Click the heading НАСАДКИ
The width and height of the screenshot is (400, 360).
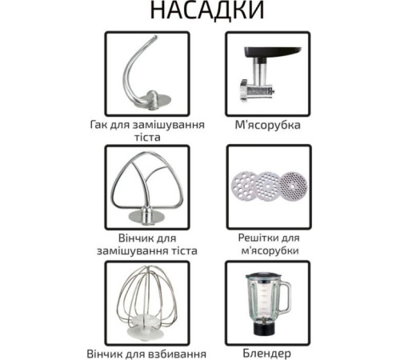(207, 10)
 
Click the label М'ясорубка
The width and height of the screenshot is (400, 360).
(268, 125)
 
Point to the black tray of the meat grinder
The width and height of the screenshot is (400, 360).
(272, 52)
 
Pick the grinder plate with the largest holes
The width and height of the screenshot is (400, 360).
(245, 186)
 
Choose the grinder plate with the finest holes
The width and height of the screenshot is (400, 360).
(293, 186)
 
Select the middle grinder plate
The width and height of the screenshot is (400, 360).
(267, 186)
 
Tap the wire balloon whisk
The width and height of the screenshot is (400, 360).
(147, 302)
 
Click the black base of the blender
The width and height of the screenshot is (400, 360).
(263, 329)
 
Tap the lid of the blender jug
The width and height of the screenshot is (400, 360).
(263, 276)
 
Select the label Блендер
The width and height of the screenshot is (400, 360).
(267, 354)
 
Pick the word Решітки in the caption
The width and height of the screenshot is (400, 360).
(256, 238)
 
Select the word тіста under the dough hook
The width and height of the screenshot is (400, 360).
(147, 138)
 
